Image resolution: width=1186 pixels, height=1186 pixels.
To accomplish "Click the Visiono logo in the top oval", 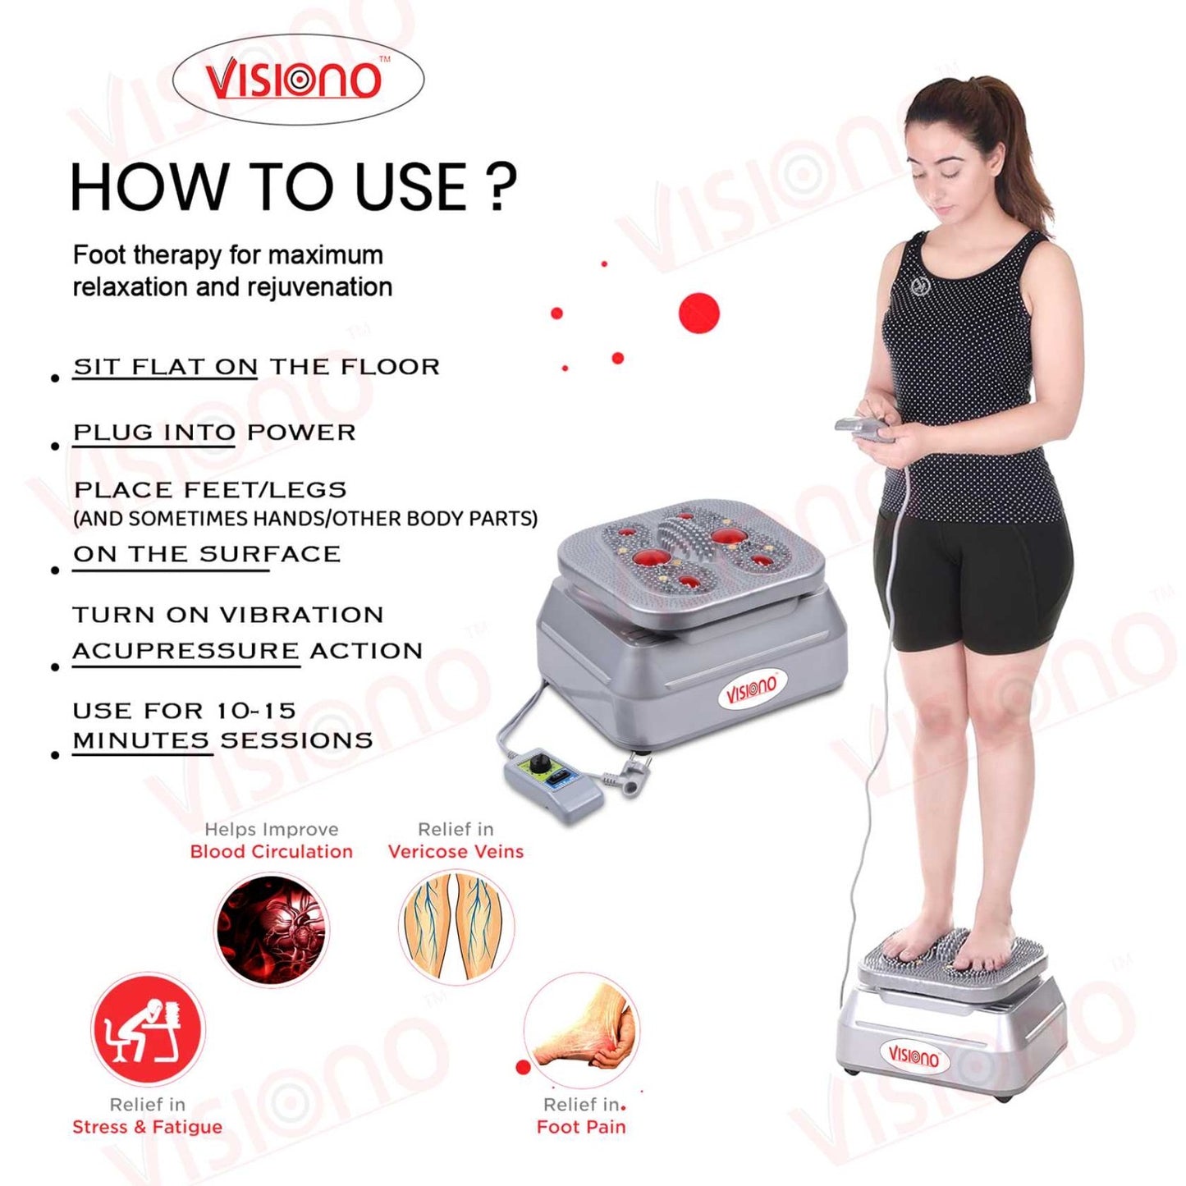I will coord(294,80).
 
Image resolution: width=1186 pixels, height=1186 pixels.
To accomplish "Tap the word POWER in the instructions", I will coord(301,433).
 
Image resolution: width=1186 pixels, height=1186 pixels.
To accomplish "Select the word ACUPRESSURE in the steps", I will coord(185,651).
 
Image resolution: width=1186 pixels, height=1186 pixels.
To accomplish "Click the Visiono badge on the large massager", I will coord(751,688).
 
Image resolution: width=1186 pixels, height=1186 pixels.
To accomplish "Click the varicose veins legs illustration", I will coord(456,927).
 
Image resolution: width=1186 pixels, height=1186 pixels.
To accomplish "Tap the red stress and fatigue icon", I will coord(147,1028).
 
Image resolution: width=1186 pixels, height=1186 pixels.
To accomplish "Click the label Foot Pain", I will coord(581,1127).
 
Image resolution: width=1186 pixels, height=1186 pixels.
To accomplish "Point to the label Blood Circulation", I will coord(271,851).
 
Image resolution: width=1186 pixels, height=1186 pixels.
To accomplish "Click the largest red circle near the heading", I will coord(698,313).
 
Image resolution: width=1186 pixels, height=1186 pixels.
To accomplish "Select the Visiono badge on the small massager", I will coord(913,1055).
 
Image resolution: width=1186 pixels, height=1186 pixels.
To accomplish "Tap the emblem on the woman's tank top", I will coord(920,286).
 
